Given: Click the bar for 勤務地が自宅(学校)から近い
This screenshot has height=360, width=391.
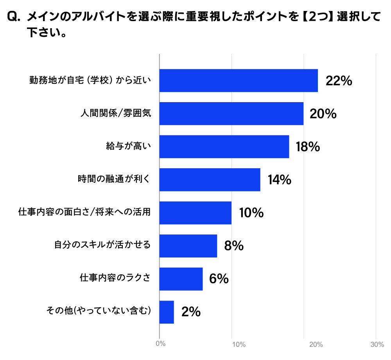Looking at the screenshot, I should [239, 81].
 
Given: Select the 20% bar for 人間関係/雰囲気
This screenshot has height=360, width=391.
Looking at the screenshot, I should [231, 113].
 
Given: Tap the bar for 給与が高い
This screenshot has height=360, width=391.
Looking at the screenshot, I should [224, 147].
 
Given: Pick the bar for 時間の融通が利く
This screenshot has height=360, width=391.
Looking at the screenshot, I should [210, 180].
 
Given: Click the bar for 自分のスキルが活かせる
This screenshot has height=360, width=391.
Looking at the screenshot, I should [188, 246].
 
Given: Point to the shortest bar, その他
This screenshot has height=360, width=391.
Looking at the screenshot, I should [167, 312].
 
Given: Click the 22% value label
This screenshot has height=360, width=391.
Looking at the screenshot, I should [339, 81].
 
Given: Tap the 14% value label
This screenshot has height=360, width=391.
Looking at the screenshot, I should [279, 180].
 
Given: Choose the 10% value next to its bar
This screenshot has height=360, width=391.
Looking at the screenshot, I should [251, 213].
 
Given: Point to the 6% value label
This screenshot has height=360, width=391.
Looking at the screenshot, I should [219, 279].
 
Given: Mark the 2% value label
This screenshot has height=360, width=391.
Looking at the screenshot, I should [191, 312].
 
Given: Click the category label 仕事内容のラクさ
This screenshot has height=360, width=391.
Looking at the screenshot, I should [115, 279].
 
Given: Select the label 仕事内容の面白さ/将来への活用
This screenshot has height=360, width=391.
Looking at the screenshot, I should [84, 213].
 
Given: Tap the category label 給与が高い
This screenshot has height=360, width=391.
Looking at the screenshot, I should [128, 147].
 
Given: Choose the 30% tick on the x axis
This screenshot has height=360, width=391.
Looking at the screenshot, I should [377, 344].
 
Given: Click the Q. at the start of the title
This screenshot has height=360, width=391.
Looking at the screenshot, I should [14, 16].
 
